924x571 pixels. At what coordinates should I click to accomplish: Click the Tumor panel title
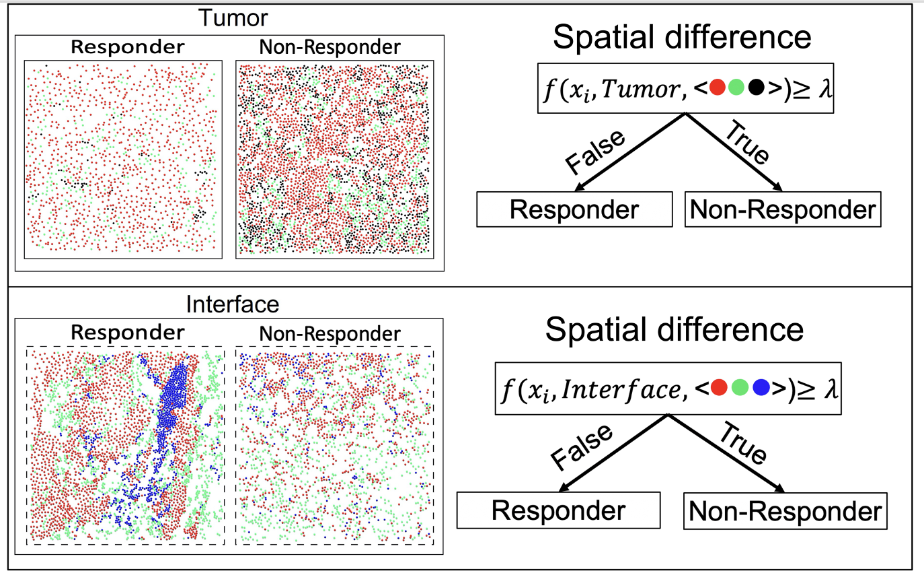(x=229, y=18)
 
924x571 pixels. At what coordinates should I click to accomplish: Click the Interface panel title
(x=233, y=304)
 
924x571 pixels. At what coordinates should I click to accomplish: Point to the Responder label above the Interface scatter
(x=127, y=332)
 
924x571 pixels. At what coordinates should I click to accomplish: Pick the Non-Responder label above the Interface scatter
(x=330, y=333)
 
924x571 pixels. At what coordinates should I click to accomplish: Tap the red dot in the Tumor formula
(x=717, y=88)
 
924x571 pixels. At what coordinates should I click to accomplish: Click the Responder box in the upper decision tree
(x=574, y=209)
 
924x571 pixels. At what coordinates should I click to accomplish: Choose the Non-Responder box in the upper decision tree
(x=783, y=209)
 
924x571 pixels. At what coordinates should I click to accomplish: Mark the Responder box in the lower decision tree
(x=557, y=510)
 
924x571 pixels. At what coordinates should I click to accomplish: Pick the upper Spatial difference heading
(x=682, y=38)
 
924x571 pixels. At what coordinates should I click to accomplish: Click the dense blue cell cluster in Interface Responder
(x=176, y=394)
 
